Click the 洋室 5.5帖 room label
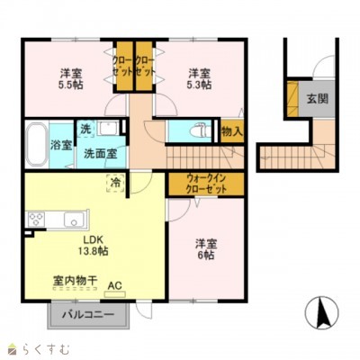(x=73, y=78)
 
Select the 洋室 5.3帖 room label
(x=200, y=78)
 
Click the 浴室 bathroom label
(x=60, y=144)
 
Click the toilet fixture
(x=199, y=131)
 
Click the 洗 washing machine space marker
(x=85, y=129)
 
